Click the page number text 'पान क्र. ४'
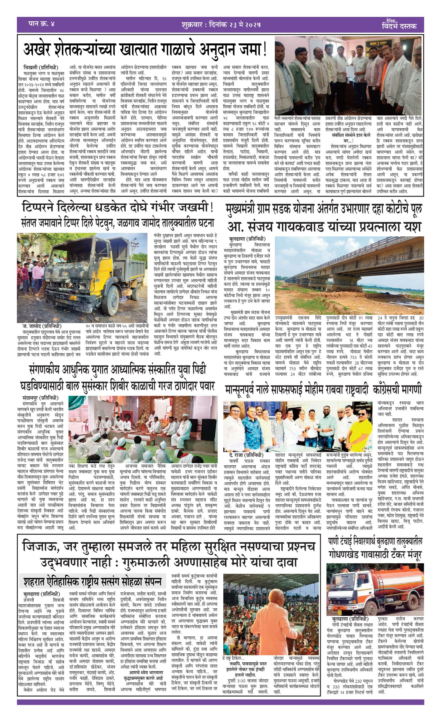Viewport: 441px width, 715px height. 42,24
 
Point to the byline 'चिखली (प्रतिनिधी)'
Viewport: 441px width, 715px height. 41,68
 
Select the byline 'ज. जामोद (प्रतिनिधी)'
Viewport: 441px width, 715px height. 42,326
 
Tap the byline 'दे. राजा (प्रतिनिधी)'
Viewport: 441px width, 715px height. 246,455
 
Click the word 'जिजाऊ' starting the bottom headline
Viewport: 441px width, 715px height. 40,546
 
